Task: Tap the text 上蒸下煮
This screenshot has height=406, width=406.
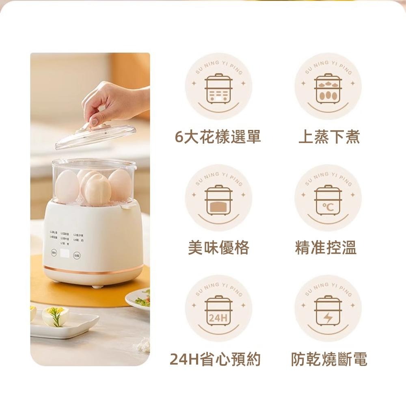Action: (329, 138)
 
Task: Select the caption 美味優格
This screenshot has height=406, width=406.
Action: (218, 247)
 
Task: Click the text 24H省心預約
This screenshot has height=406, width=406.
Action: (215, 359)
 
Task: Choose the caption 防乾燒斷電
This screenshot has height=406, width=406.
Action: (329, 359)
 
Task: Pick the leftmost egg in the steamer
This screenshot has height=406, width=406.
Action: (67, 186)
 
